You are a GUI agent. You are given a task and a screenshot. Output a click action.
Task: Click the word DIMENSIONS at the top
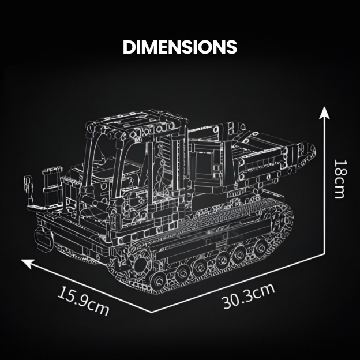180,47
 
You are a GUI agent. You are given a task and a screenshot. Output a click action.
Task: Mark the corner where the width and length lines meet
153,312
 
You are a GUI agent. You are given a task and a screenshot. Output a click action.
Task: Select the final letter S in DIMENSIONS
231,47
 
